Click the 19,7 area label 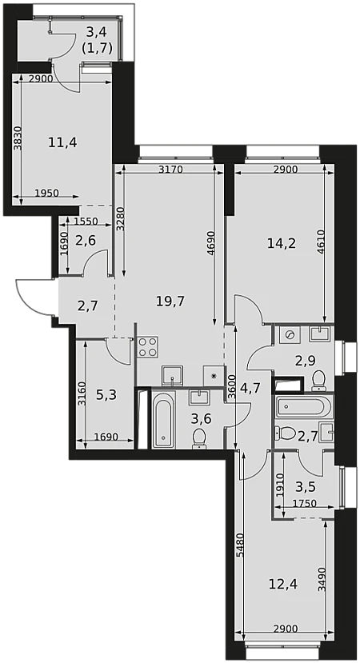pyautogui.click(x=170, y=302)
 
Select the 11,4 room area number pyautogui.click(x=62, y=142)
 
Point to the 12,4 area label pyautogui.click(x=283, y=585)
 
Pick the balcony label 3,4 pyautogui.click(x=97, y=31)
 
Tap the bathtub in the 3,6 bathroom pyautogui.click(x=163, y=419)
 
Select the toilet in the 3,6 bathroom pyautogui.click(x=198, y=439)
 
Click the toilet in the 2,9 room pyautogui.click(x=318, y=381)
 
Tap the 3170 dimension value pyautogui.click(x=170, y=170)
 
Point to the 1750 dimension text pyautogui.click(x=305, y=504)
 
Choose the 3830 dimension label pyautogui.click(x=17, y=139)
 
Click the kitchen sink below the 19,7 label pyautogui.click(x=173, y=376)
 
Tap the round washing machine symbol pyautogui.click(x=290, y=335)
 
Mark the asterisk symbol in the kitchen pyautogui.click(x=214, y=375)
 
